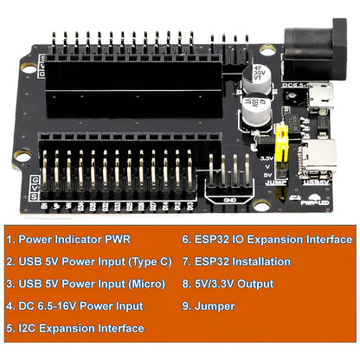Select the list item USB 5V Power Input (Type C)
[x=89, y=260]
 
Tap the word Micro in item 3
[x=140, y=283]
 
